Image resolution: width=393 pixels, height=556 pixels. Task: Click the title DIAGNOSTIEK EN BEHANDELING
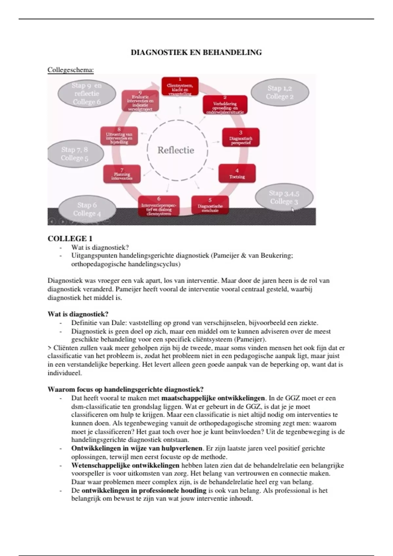tap(196, 52)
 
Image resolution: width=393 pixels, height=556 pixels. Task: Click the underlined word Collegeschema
tap(70, 70)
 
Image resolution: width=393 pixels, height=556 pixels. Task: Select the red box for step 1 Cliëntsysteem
tap(180, 87)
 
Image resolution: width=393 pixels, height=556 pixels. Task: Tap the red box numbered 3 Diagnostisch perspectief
tap(241, 138)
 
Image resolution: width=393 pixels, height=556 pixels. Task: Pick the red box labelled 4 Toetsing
tap(237, 173)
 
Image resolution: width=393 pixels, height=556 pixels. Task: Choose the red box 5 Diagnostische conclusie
tap(210, 205)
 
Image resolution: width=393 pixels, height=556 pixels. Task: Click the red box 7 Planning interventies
tap(122, 174)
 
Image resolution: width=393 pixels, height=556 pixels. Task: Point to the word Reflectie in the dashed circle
tap(176, 150)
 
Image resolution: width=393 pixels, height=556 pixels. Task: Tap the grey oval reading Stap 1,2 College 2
tap(280, 92)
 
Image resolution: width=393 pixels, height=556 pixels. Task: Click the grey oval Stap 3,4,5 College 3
tap(284, 197)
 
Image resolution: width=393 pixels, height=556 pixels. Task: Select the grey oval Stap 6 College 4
tap(87, 209)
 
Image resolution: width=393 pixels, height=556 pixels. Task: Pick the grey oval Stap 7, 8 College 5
tap(75, 154)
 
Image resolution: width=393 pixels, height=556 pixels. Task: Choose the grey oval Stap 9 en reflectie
tap(87, 94)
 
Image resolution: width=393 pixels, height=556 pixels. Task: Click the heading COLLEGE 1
tap(70, 238)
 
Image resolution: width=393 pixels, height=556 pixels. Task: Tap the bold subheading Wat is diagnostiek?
tap(78, 314)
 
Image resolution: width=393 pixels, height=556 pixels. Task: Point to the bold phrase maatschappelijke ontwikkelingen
tap(213, 398)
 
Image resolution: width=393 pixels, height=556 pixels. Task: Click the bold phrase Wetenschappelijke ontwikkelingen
tap(125, 465)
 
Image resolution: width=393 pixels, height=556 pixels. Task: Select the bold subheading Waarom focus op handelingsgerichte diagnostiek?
tap(125, 390)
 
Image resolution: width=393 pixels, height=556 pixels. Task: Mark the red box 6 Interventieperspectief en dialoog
tap(159, 206)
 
